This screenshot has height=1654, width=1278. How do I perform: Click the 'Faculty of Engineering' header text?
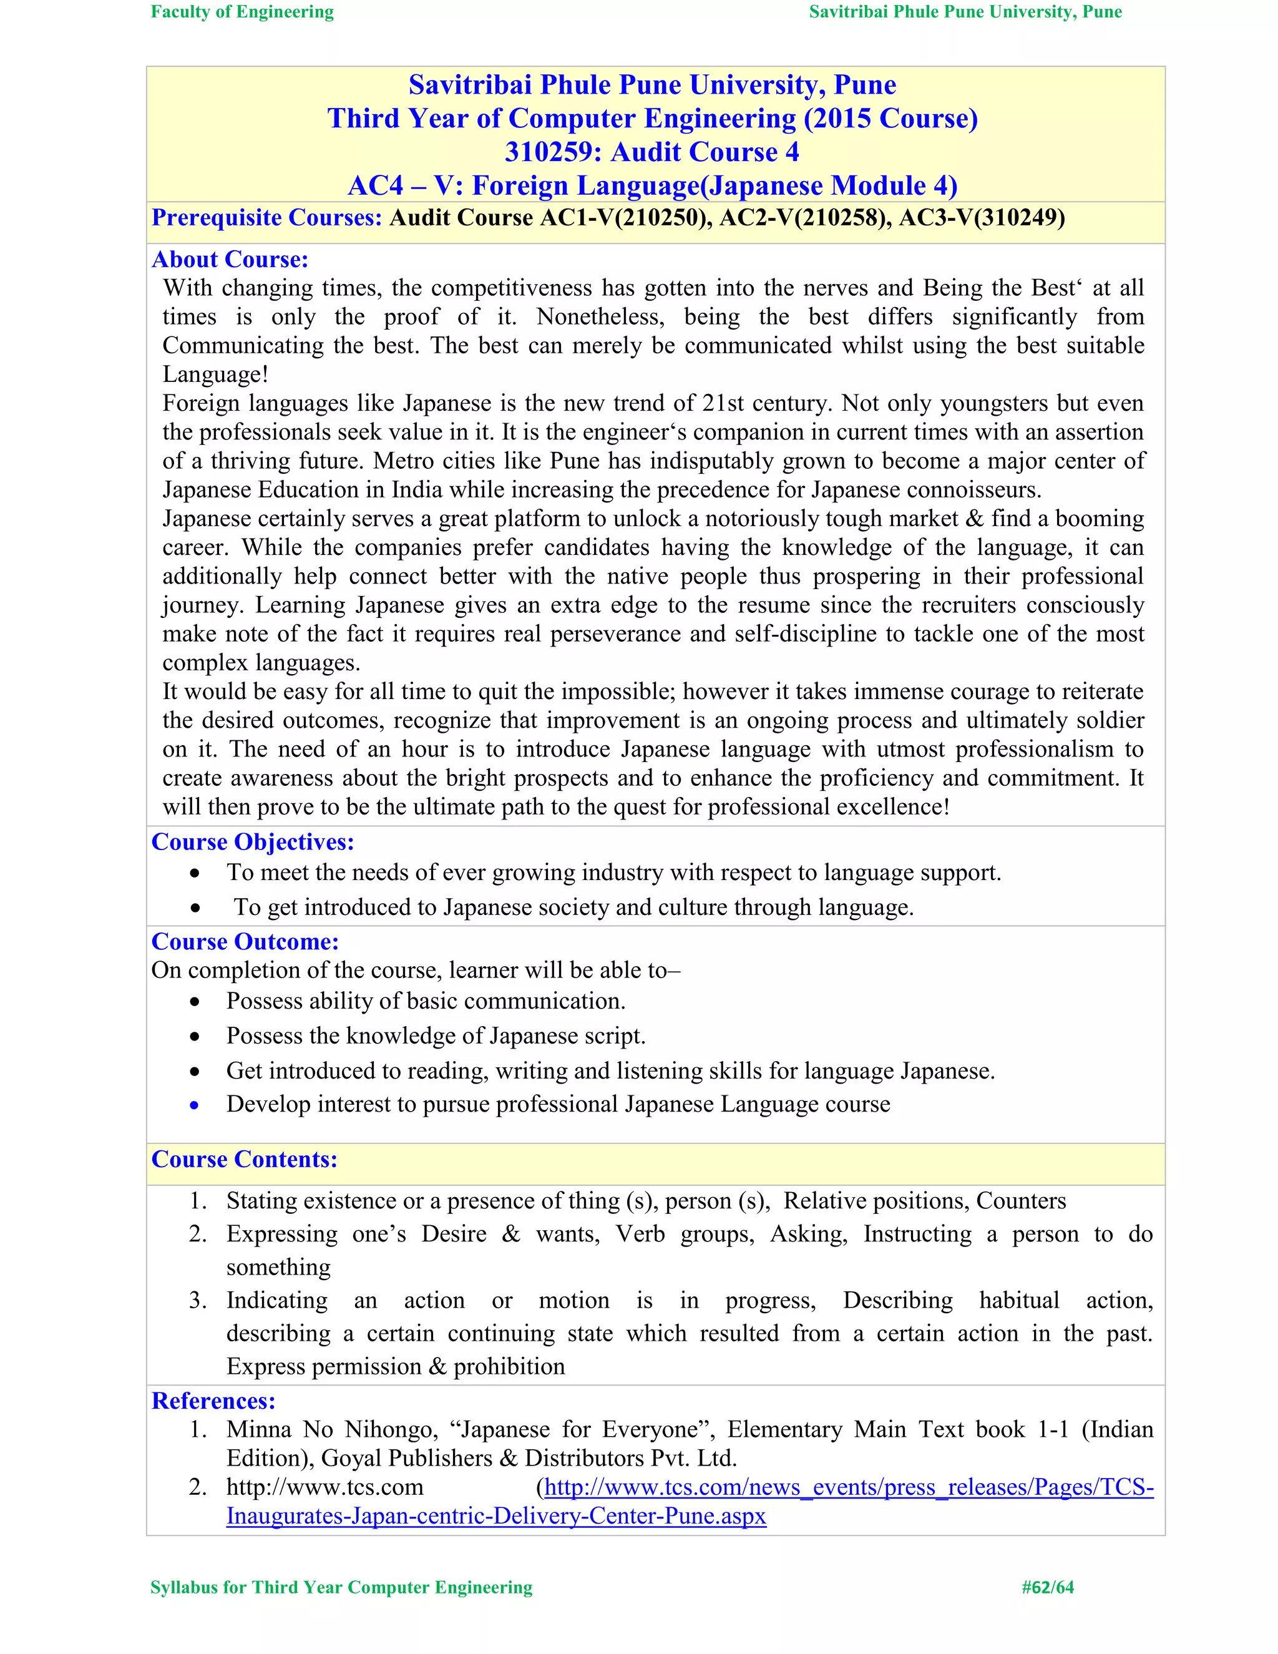click(x=242, y=12)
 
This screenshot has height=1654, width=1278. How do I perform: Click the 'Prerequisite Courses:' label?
click(x=266, y=218)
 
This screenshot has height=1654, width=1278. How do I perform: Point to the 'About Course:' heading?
click(x=230, y=260)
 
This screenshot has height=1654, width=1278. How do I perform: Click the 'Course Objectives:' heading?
click(x=253, y=842)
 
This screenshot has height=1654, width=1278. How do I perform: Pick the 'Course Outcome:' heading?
click(x=245, y=942)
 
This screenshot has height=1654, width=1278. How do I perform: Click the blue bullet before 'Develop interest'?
click(x=195, y=1106)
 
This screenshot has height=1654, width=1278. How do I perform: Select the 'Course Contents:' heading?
click(x=245, y=1160)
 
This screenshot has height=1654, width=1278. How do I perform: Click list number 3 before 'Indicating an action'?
click(x=198, y=1300)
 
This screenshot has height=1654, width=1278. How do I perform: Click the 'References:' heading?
click(x=213, y=1401)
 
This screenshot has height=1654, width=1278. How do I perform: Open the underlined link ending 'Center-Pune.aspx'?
click(x=496, y=1516)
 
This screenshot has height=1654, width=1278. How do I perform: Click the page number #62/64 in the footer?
click(x=1047, y=1587)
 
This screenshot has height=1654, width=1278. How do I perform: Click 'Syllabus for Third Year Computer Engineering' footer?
click(x=341, y=1587)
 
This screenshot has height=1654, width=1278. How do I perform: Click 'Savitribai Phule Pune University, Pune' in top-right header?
click(x=965, y=12)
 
